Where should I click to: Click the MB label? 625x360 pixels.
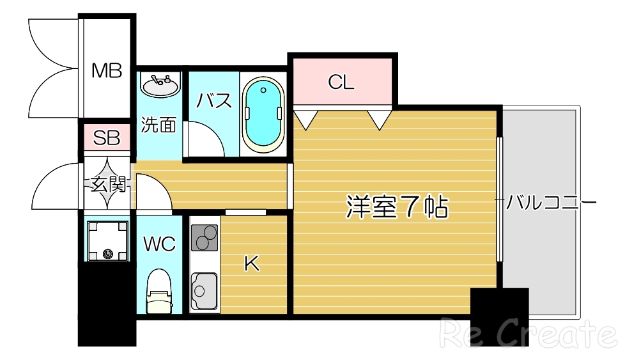(106, 70)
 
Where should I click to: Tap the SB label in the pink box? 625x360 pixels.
(107, 138)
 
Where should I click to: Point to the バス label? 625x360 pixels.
(214, 100)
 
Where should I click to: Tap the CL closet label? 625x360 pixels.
(341, 82)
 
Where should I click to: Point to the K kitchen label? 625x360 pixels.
(252, 263)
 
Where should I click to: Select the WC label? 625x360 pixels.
(158, 244)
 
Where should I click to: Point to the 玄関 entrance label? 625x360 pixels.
(107, 185)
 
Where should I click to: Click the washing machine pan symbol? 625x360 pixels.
(107, 240)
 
